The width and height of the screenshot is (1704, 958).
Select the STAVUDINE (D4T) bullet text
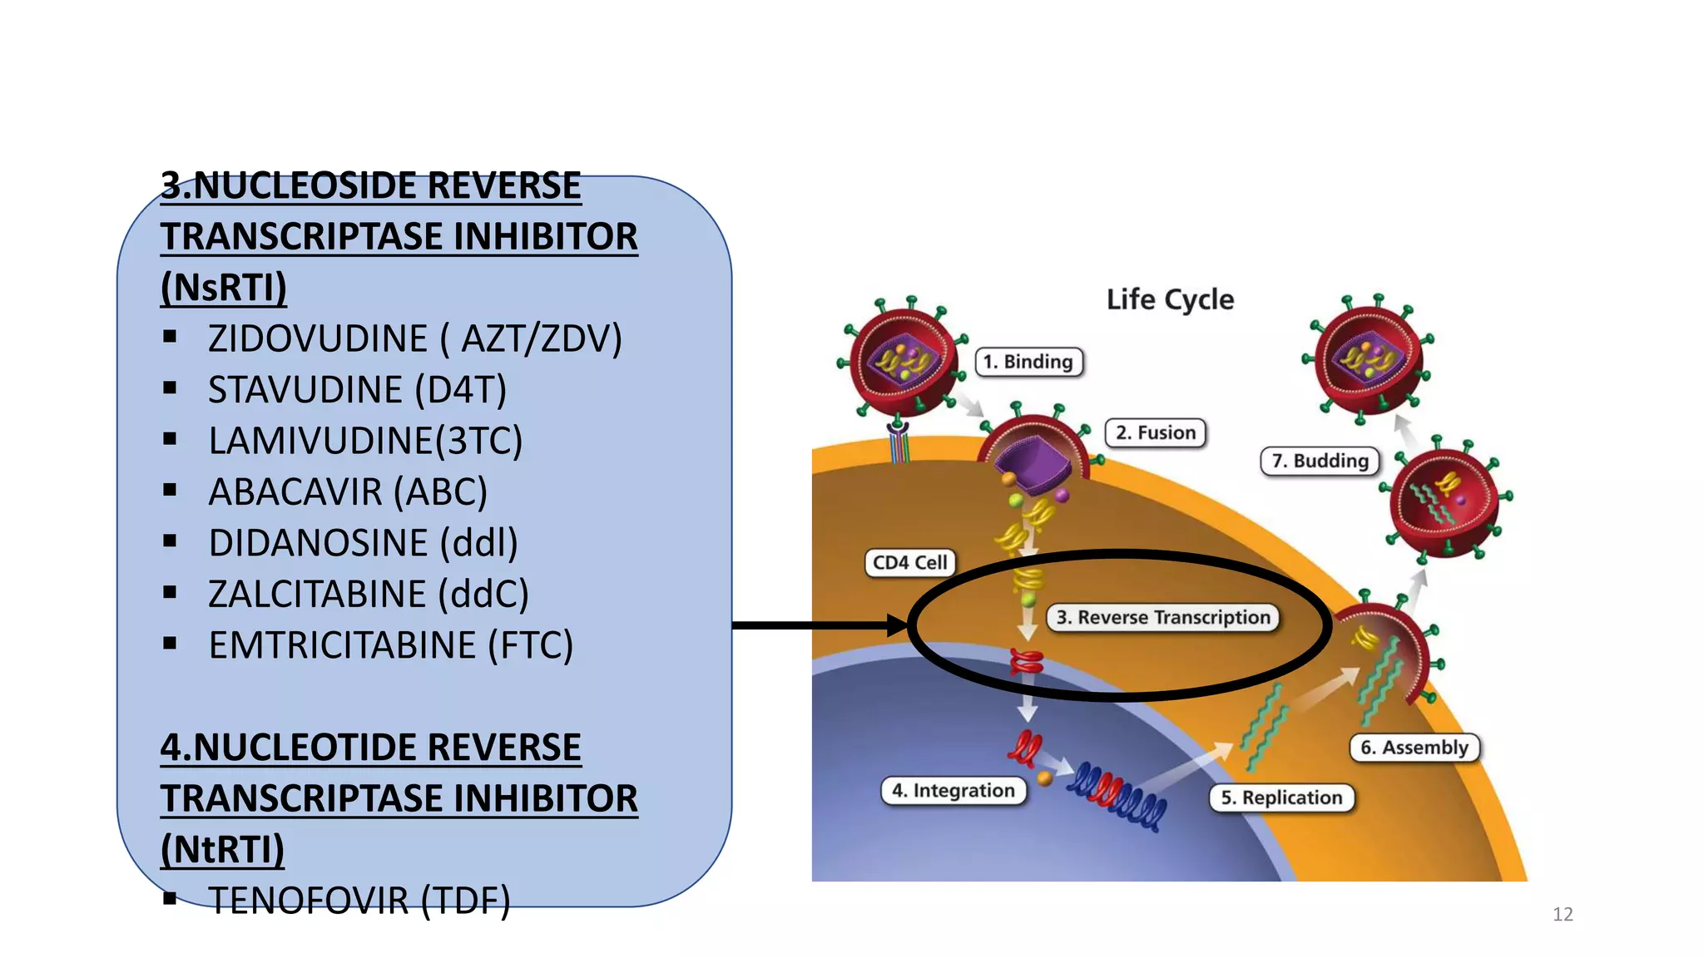click(x=357, y=390)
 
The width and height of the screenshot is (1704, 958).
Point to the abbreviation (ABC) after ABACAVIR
click(x=440, y=492)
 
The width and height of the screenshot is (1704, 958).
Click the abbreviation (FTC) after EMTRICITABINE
click(x=531, y=645)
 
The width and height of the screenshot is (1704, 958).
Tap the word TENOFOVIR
click(x=308, y=901)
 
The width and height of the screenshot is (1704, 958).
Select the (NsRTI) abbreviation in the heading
click(x=223, y=288)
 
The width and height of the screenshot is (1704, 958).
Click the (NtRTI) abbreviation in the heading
click(x=222, y=850)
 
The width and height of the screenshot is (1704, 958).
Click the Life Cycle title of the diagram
click(x=1170, y=299)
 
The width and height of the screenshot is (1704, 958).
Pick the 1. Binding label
click(x=1028, y=362)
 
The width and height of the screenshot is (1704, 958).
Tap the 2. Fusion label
click(x=1156, y=433)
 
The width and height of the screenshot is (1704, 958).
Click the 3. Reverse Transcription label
click(x=1163, y=618)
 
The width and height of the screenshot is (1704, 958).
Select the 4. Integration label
click(x=954, y=791)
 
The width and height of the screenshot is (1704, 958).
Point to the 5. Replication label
click(x=1281, y=798)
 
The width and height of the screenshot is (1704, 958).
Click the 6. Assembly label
click(x=1414, y=748)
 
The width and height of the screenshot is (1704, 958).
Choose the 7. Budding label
click(x=1320, y=461)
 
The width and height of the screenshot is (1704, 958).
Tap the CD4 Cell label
click(x=909, y=563)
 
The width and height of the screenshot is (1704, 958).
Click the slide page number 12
click(x=1563, y=915)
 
